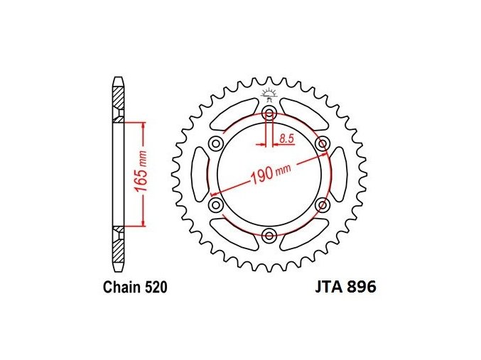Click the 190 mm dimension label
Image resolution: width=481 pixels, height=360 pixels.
(271, 173)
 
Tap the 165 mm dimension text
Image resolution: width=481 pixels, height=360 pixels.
(141, 172)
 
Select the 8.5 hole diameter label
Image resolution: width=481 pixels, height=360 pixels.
(286, 138)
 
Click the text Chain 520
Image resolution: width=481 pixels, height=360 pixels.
(135, 288)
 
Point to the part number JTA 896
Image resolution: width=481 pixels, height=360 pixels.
(345, 288)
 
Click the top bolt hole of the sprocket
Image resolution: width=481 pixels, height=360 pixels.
(269, 113)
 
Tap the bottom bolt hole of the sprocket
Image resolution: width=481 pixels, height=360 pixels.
(269, 236)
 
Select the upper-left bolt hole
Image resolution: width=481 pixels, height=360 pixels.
(216, 143)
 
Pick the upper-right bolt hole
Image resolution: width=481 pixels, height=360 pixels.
(323, 143)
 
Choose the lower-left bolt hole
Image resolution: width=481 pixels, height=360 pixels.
(216, 204)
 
